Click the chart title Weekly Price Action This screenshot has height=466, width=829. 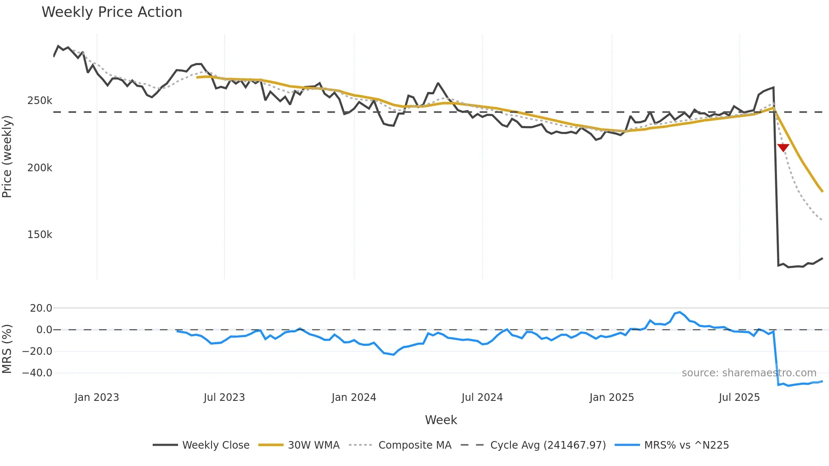tap(112, 12)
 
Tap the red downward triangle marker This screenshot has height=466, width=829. tap(783, 147)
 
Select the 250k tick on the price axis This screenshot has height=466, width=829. tap(40, 101)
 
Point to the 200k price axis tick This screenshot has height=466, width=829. tap(40, 168)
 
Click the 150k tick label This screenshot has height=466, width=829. tap(40, 235)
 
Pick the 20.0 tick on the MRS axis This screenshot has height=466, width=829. tap(41, 308)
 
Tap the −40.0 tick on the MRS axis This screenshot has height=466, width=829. tap(37, 373)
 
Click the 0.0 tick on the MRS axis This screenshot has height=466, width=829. tap(44, 330)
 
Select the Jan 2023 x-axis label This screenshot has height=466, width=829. tap(97, 397)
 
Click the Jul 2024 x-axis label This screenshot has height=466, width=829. tap(482, 397)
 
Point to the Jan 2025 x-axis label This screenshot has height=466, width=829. tap(612, 397)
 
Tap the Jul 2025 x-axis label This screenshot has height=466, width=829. tap(739, 397)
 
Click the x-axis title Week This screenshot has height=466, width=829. tap(441, 420)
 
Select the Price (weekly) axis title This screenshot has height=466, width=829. tap(7, 156)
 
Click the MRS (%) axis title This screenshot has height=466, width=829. tap(7, 349)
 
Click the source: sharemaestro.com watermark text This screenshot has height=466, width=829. tap(749, 373)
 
